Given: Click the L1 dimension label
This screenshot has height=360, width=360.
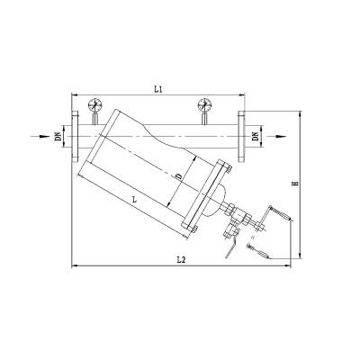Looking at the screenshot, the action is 158,89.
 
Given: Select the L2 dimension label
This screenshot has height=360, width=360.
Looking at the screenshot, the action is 181,260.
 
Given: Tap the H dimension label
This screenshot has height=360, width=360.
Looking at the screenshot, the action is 295,183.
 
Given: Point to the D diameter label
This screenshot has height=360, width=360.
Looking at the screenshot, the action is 178,176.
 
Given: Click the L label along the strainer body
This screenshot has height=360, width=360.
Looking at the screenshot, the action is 135,199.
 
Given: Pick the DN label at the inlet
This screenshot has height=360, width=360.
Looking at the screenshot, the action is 58,137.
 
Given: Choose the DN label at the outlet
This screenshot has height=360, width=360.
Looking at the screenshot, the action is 256,136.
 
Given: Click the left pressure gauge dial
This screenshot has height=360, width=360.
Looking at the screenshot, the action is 95,104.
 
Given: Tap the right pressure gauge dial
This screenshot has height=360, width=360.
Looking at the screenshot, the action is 205,104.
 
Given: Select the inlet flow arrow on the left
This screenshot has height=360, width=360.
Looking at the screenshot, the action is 40,137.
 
